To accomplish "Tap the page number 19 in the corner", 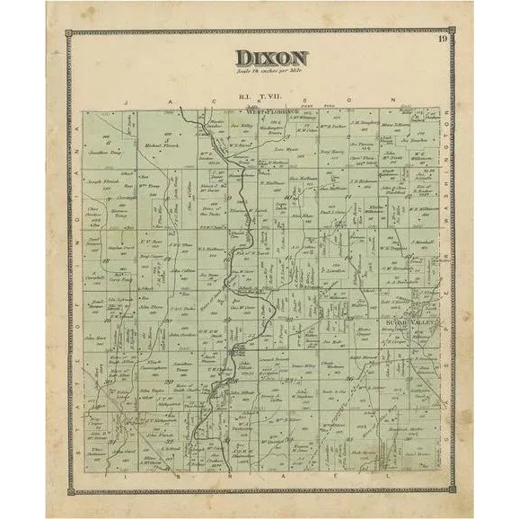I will coord(443,37).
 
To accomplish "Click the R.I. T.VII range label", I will coord(259,93).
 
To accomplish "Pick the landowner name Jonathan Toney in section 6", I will coord(106,154).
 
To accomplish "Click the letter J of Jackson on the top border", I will coord(127,101).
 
